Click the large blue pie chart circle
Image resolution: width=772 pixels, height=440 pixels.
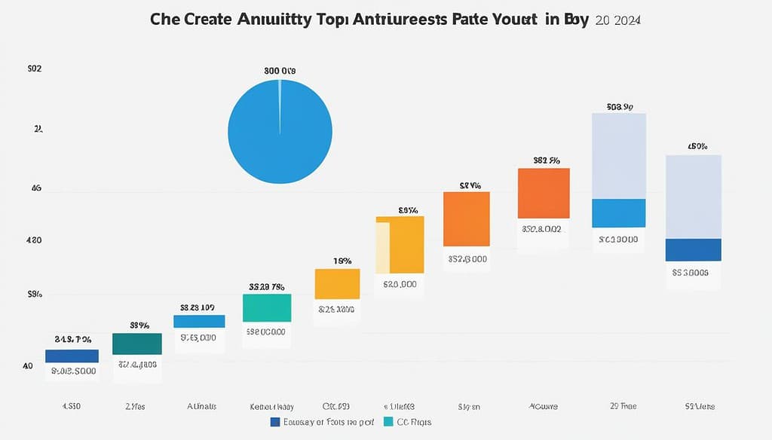280,131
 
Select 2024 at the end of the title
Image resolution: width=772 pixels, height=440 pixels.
627,21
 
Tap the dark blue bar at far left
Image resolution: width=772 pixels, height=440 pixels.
72,356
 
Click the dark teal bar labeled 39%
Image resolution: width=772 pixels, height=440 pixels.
136,344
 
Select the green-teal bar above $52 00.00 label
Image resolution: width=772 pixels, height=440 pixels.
267,307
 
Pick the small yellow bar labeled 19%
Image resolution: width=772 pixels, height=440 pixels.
337,284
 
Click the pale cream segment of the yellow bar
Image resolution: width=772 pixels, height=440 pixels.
382,247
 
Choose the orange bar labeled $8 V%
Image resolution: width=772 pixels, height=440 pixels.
466,218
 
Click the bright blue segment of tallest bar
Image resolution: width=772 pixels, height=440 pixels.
618,213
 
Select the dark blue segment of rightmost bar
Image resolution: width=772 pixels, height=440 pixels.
694,249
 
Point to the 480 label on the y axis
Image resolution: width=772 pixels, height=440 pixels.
33,241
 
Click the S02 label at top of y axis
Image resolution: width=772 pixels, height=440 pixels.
34,69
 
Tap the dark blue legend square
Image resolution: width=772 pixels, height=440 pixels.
275,422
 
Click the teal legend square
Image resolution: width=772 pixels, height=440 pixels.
389,422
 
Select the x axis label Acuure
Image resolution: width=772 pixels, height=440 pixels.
544,406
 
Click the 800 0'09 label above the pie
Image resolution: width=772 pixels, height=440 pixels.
280,71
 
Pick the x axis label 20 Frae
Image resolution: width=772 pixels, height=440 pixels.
623,406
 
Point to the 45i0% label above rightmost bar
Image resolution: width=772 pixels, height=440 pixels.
697,146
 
